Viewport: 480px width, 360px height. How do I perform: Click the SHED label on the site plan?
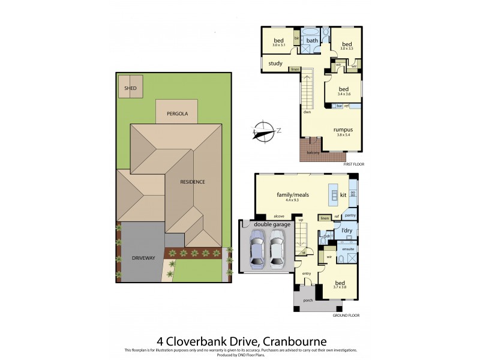(x=130, y=89)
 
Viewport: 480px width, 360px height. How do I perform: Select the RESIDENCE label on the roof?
(x=193, y=182)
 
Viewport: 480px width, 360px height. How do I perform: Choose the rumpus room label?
(x=343, y=129)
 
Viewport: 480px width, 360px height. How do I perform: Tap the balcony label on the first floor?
(x=313, y=152)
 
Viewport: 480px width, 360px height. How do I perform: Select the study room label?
(x=275, y=63)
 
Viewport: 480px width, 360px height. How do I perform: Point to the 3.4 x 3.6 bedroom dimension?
(x=343, y=94)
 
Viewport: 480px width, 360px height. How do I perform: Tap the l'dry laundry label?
(x=346, y=230)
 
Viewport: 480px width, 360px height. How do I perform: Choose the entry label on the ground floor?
(x=307, y=274)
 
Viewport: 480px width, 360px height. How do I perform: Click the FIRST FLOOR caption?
(x=353, y=164)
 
